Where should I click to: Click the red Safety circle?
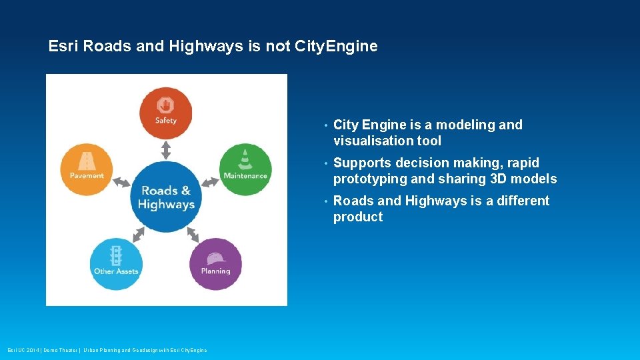coord(165,113)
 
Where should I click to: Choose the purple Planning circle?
coord(215,264)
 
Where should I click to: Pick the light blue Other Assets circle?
coord(116,264)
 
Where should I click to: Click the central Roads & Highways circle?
coord(166,197)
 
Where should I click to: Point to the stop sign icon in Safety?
coord(165,105)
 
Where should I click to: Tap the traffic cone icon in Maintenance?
coord(245,161)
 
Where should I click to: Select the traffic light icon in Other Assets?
coord(117,256)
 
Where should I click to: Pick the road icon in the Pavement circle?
coord(87,161)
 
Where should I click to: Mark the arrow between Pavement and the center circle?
coord(121,182)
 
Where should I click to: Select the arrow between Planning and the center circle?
coord(193,234)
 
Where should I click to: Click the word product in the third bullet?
coord(358,217)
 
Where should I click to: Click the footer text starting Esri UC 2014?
coord(107,350)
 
